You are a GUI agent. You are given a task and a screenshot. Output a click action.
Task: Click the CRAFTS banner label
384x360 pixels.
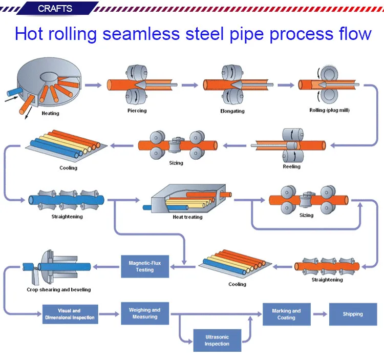point(55,9)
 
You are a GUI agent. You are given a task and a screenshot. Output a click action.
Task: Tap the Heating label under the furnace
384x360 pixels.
point(50,113)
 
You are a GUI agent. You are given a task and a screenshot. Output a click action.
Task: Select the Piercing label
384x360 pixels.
point(137,111)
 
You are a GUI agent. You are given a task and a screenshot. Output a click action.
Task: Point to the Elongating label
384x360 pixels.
point(232,111)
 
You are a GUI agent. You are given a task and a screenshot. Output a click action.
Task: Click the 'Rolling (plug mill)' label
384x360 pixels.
point(329,111)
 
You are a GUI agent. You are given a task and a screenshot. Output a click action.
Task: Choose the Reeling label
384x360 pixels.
point(292,166)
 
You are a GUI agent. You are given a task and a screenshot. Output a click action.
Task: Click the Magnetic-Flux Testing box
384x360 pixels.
point(145,266)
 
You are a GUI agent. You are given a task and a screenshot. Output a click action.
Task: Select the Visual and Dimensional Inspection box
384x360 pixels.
point(69,314)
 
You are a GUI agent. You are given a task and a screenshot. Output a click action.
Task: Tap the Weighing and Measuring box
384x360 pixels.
point(145,313)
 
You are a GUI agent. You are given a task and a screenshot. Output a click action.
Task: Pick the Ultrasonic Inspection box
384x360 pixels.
point(217,340)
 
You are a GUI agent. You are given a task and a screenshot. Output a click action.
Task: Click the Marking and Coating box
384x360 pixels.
point(286,314)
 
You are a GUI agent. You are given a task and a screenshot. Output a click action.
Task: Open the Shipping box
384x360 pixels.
point(353,314)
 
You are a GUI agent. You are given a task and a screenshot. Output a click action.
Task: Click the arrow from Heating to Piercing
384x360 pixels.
point(93,85)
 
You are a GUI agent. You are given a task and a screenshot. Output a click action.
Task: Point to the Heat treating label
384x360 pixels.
point(187,217)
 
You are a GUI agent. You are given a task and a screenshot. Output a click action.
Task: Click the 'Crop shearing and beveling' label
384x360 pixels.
point(59,290)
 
